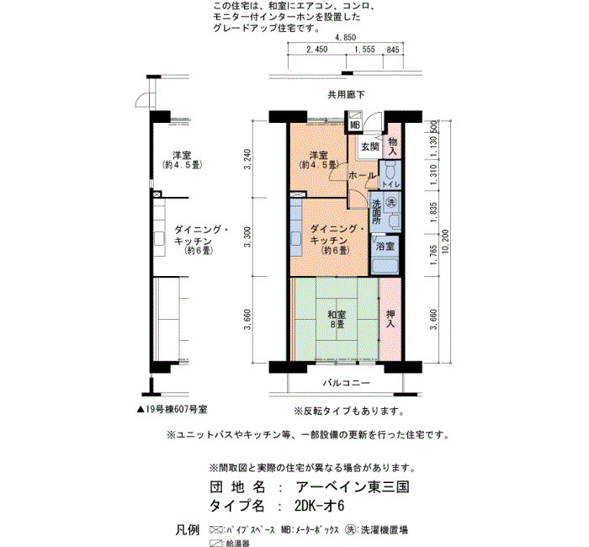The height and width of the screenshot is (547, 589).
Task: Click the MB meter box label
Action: pos(354,125)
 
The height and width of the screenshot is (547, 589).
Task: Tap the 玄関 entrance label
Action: pos(369,147)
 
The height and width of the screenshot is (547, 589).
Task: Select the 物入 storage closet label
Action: pos(393,146)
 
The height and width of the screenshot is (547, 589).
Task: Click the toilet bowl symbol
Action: pos(390,173)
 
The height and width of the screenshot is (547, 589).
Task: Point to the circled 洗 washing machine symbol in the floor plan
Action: pos(391,203)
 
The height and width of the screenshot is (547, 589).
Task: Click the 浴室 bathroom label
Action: pos(385,247)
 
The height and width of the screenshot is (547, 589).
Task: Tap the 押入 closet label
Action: pos(390,319)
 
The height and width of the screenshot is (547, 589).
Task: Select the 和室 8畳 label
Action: pos(337,319)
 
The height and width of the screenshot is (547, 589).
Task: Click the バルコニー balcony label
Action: pos(347,383)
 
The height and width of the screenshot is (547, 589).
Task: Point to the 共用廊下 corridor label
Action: pos(346,95)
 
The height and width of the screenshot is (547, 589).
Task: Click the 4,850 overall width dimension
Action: pos(346,38)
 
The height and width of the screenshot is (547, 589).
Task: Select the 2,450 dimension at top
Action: pos(316,50)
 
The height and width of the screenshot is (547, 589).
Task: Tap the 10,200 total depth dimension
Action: pos(446,242)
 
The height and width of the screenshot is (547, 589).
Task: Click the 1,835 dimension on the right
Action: pos(433,212)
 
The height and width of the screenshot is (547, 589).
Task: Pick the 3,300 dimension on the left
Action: pos(247,237)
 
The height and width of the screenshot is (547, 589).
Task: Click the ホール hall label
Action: pos(361,175)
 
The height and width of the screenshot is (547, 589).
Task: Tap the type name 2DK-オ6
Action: pos(319,506)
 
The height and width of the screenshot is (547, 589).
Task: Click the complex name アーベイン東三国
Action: pos(353,487)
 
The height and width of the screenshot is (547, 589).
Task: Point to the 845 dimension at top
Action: pos(393,50)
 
